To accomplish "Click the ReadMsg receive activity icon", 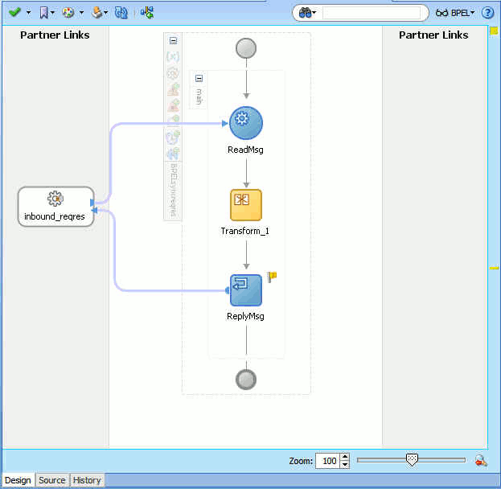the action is (x=246, y=123).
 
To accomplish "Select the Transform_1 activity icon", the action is (x=246, y=205).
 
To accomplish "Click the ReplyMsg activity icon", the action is (x=246, y=290).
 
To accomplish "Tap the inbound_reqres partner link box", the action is (x=56, y=207).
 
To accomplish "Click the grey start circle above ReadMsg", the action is (x=246, y=48).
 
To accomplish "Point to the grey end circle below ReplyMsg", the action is (x=246, y=380).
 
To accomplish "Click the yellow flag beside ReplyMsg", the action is (x=272, y=277).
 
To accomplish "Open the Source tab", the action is (x=52, y=480).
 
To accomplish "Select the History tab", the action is (x=87, y=480).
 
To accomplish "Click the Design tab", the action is (x=18, y=480).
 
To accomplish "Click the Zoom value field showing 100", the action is (x=328, y=461).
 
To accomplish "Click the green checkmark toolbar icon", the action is (x=14, y=12).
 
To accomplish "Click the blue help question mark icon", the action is (x=487, y=13).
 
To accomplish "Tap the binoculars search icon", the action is (x=305, y=13).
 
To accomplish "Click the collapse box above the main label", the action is (x=199, y=78).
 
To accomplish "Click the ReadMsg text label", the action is (x=245, y=150).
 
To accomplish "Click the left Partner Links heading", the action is (x=55, y=35).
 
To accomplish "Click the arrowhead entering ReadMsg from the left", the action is (x=225, y=123).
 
